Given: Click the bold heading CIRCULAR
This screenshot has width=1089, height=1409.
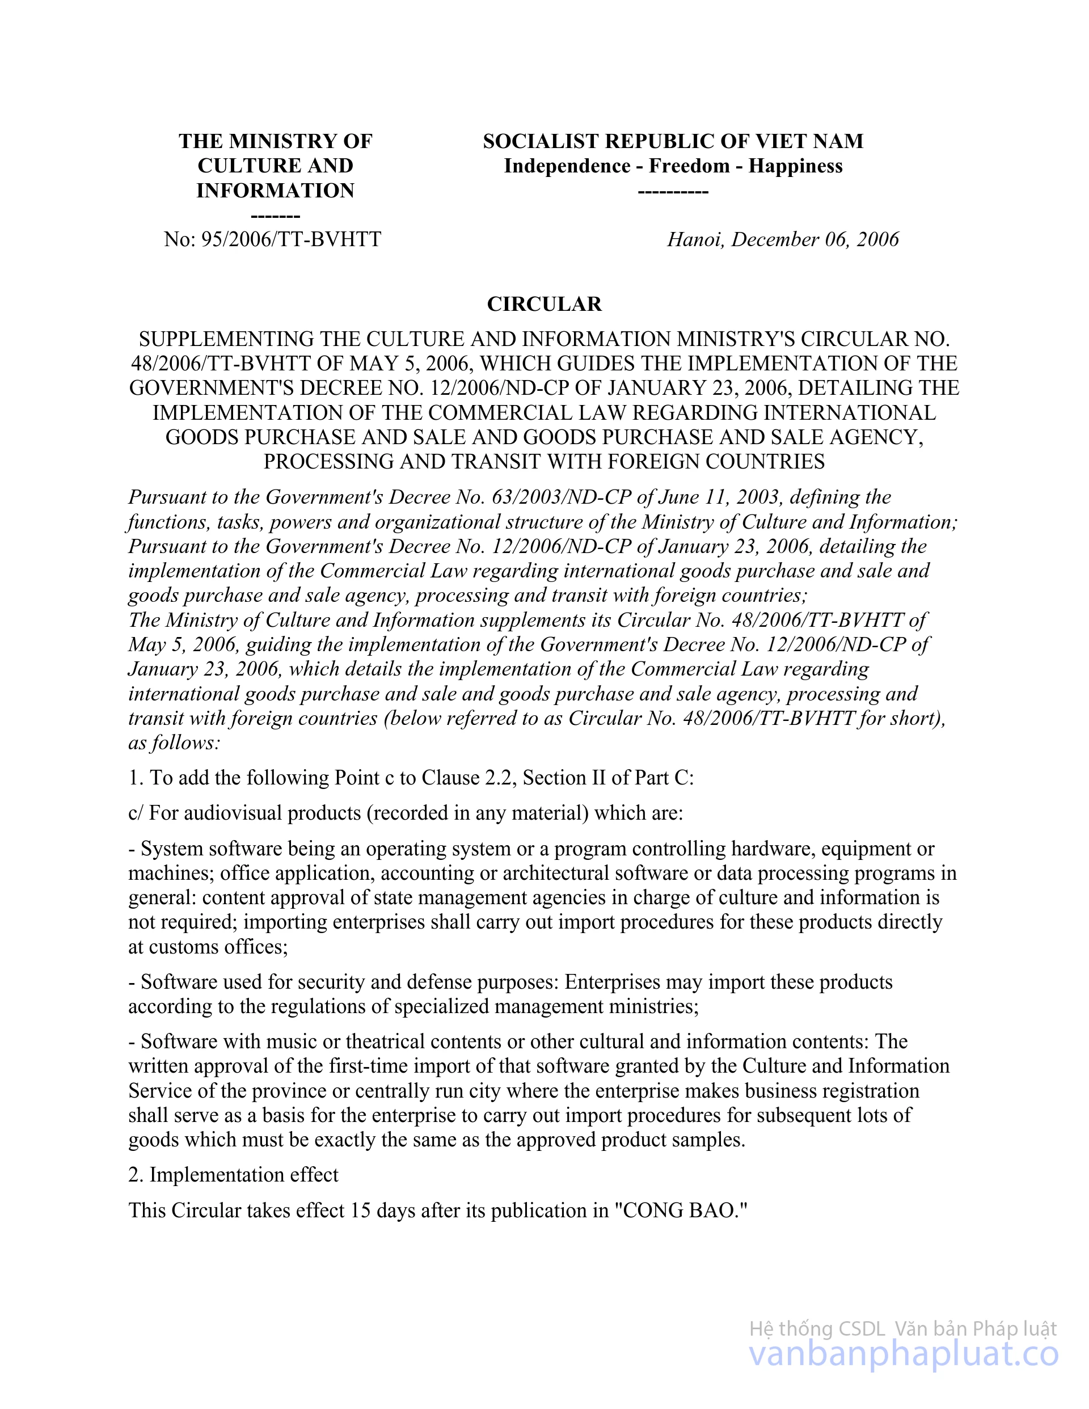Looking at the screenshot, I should click(x=544, y=304).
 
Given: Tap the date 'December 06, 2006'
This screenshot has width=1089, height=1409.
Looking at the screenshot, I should click(x=815, y=239).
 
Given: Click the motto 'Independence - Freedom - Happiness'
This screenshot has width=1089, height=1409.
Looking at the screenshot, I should click(x=673, y=166).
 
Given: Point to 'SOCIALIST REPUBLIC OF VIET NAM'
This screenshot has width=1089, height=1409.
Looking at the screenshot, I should click(x=673, y=141).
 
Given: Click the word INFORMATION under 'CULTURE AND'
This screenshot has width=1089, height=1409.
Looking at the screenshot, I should click(x=276, y=191).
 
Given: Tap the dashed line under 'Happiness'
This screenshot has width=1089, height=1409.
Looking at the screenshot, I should click(x=673, y=192).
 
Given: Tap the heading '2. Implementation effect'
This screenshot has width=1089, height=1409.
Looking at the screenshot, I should click(x=234, y=1175).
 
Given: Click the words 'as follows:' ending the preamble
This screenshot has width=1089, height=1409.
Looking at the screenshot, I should click(x=174, y=743).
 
